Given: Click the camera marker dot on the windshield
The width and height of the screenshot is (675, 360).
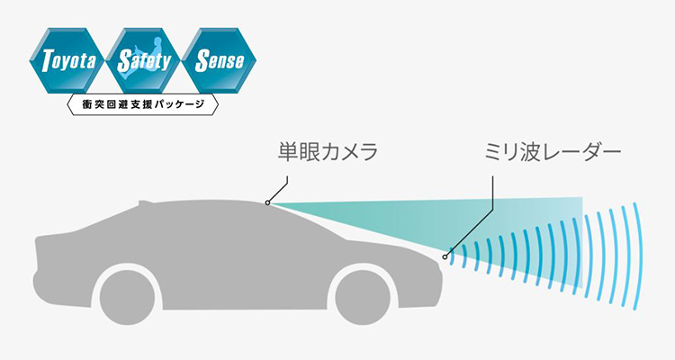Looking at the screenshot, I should point(268,203).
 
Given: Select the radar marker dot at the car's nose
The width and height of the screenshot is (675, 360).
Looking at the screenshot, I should point(444,256).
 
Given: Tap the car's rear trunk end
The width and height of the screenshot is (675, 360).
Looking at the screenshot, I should point(40,256).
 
